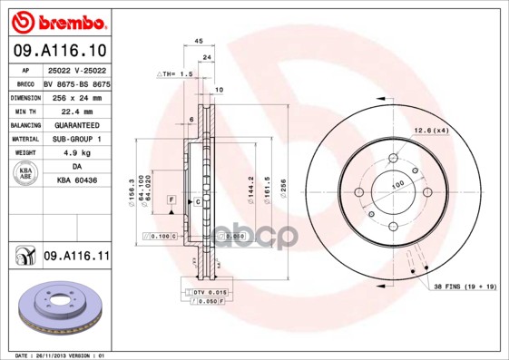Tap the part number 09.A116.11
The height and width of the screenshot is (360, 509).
tap(76, 257)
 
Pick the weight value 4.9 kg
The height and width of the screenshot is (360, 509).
tap(75, 154)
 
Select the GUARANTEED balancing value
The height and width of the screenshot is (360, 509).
tap(75, 124)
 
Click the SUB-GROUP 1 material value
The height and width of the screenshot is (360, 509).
tap(75, 139)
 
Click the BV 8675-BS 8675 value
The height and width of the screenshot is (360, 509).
tap(76, 82)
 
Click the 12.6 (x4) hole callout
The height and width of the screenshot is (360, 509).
tap(432, 131)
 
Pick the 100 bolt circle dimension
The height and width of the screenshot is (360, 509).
tap(396, 184)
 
